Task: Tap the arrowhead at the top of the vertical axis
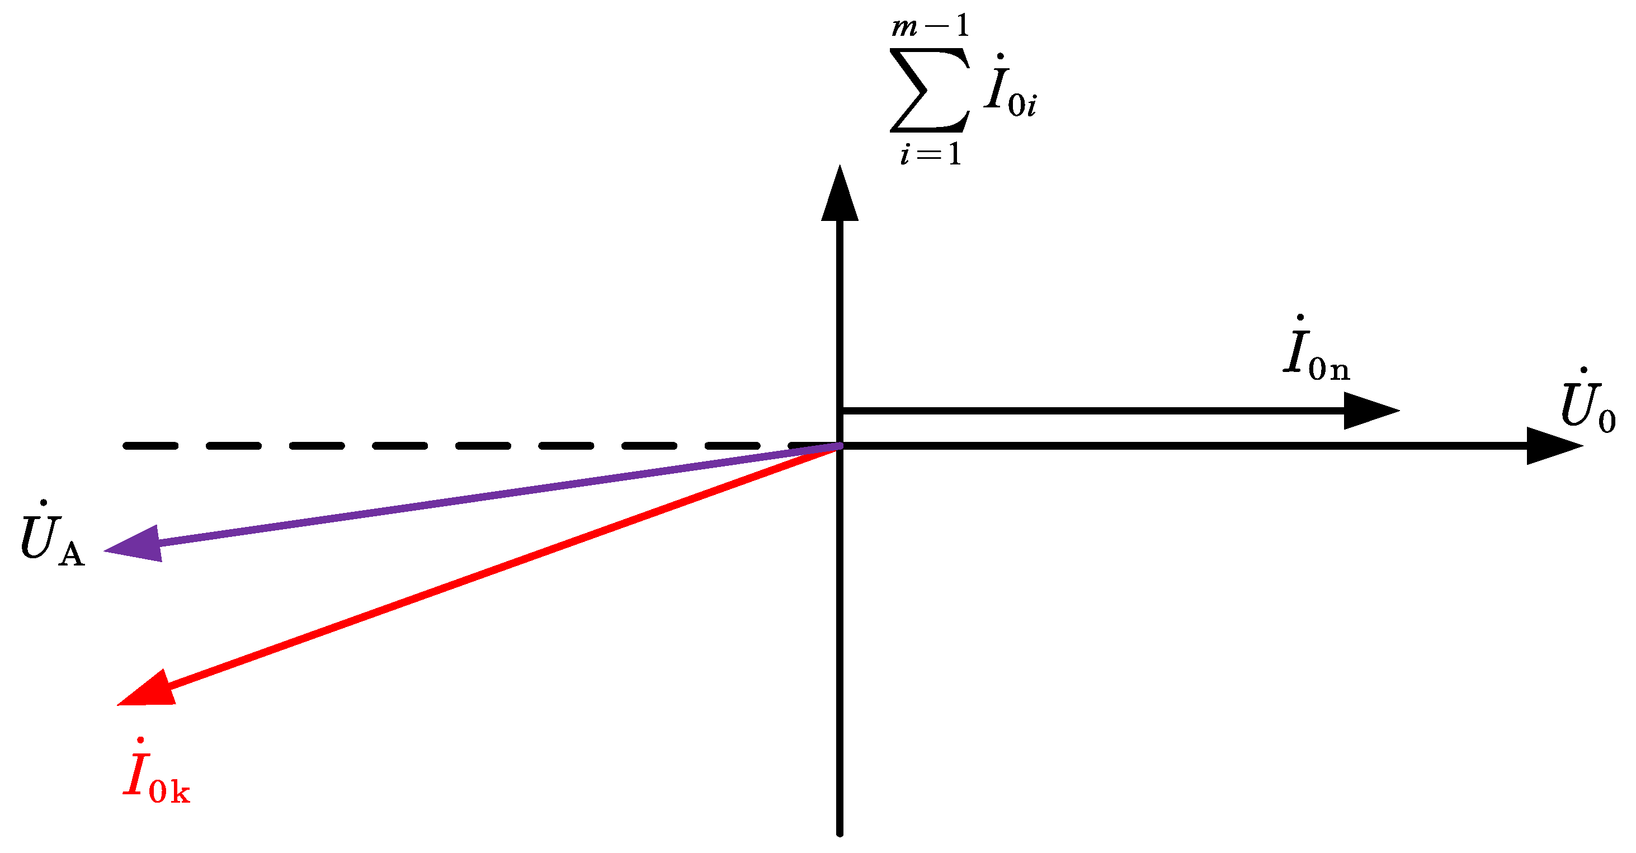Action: point(840,197)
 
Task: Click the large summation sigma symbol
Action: point(930,90)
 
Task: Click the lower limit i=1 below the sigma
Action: point(930,154)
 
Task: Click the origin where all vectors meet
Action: point(840,446)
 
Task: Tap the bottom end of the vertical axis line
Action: point(840,832)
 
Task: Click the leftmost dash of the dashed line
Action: point(150,446)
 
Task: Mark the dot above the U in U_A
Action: point(43,502)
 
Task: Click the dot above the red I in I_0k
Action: point(140,740)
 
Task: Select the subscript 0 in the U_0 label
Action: point(1607,421)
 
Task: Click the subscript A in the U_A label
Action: point(71,554)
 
